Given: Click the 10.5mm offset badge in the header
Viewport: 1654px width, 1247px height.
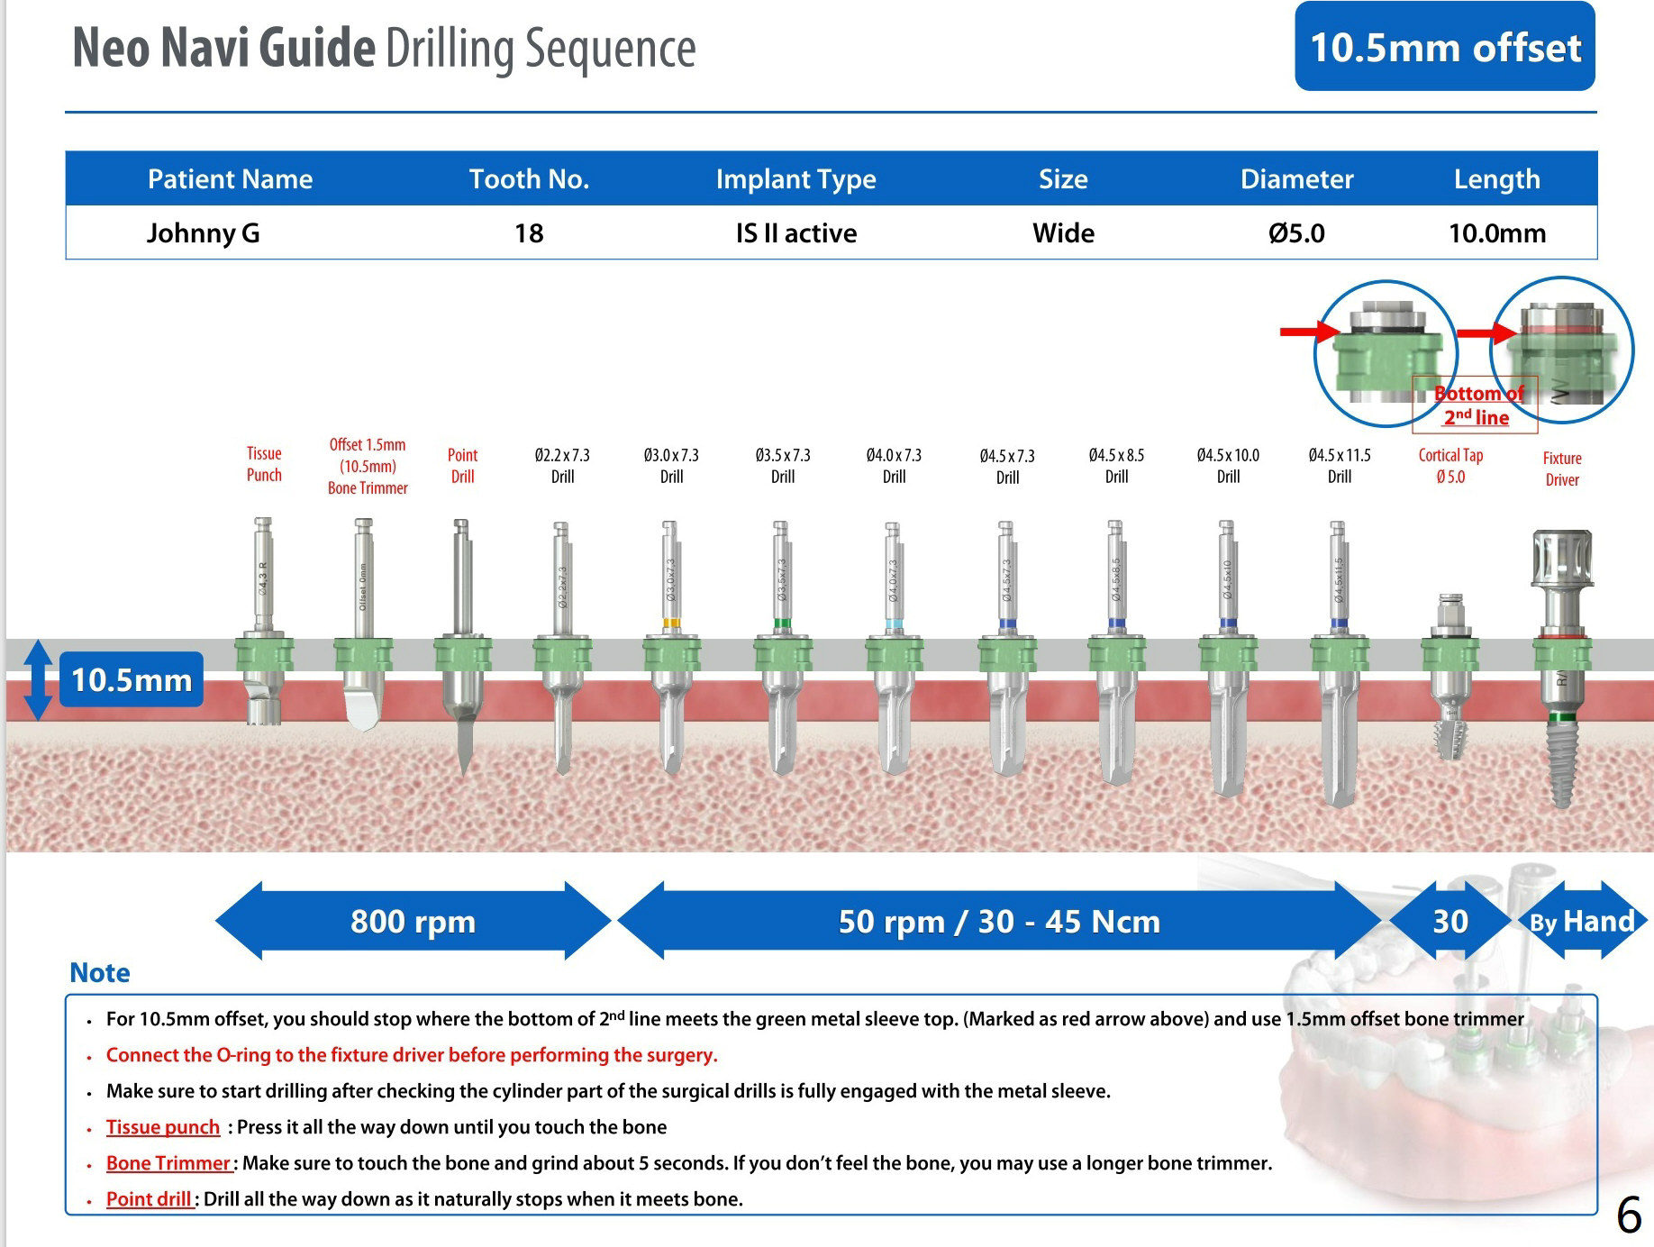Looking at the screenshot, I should [x=1444, y=47].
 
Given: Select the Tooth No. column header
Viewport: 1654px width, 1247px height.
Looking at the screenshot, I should [x=529, y=179].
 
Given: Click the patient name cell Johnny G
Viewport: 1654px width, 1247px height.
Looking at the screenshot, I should [x=204, y=233].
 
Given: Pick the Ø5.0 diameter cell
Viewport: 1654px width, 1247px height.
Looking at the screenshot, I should [x=1296, y=233].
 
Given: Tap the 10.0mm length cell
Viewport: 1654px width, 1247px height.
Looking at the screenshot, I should [x=1496, y=233].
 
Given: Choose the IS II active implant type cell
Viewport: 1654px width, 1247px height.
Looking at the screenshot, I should [x=795, y=233].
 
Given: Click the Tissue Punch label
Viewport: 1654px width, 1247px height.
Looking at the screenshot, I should [x=264, y=464].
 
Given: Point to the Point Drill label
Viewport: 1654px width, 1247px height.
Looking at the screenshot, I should [x=462, y=466].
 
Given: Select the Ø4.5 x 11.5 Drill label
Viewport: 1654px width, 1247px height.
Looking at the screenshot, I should [x=1339, y=466].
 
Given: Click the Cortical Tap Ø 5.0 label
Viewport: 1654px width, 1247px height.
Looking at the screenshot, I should [x=1450, y=466].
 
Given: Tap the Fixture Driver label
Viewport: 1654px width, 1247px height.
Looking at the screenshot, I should [x=1562, y=469].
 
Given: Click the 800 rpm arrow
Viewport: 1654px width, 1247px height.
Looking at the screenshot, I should [x=413, y=921].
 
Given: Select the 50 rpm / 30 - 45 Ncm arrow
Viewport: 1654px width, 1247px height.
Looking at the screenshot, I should [x=998, y=921].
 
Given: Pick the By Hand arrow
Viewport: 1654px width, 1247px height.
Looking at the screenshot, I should [x=1582, y=921].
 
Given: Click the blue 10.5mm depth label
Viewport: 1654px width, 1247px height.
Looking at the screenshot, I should [x=132, y=679].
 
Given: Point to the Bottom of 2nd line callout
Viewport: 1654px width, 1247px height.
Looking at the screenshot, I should [x=1476, y=405].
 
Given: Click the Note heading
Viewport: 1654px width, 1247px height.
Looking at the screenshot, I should [x=100, y=973].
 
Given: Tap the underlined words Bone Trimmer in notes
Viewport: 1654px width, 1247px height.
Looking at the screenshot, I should [x=168, y=1163].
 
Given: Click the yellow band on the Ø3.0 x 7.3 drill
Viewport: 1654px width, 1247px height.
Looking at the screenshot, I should [x=671, y=623].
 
